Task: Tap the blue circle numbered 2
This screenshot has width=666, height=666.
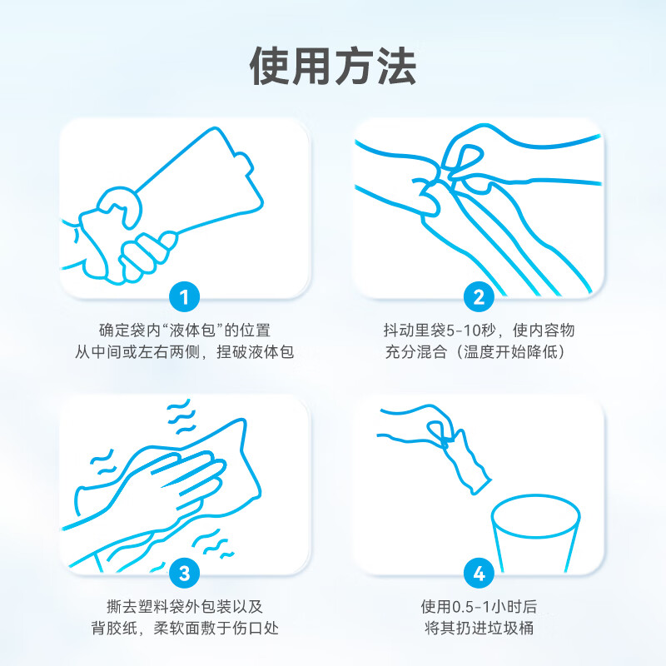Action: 479,296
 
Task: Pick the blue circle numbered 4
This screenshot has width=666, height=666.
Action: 479,573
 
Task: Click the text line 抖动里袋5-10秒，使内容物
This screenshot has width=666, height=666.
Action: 479,331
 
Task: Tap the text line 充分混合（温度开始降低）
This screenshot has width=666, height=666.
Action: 479,352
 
